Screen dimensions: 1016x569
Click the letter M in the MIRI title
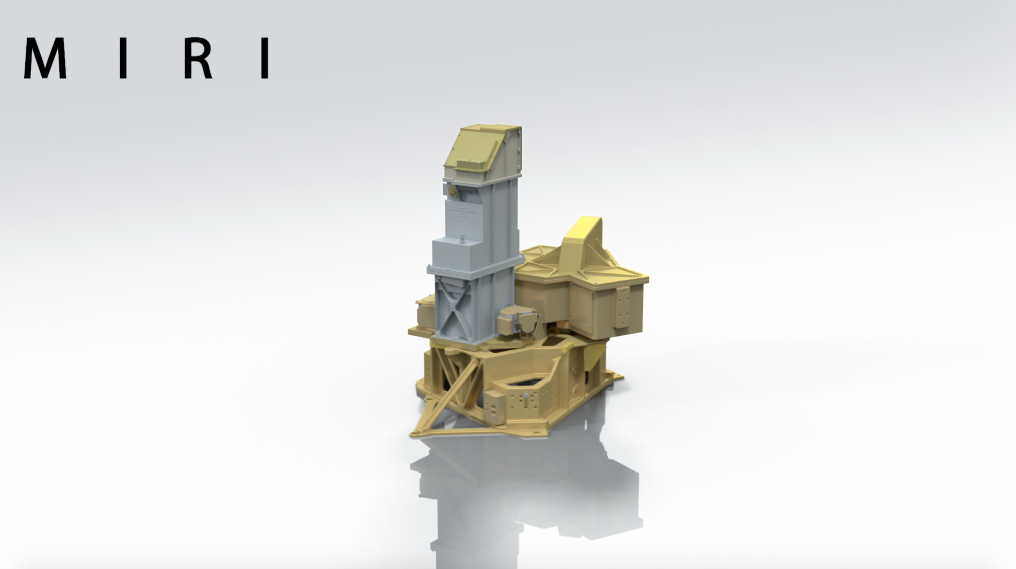click(45, 58)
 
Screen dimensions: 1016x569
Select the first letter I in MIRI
click(123, 58)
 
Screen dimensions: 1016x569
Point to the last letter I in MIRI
click(265, 58)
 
